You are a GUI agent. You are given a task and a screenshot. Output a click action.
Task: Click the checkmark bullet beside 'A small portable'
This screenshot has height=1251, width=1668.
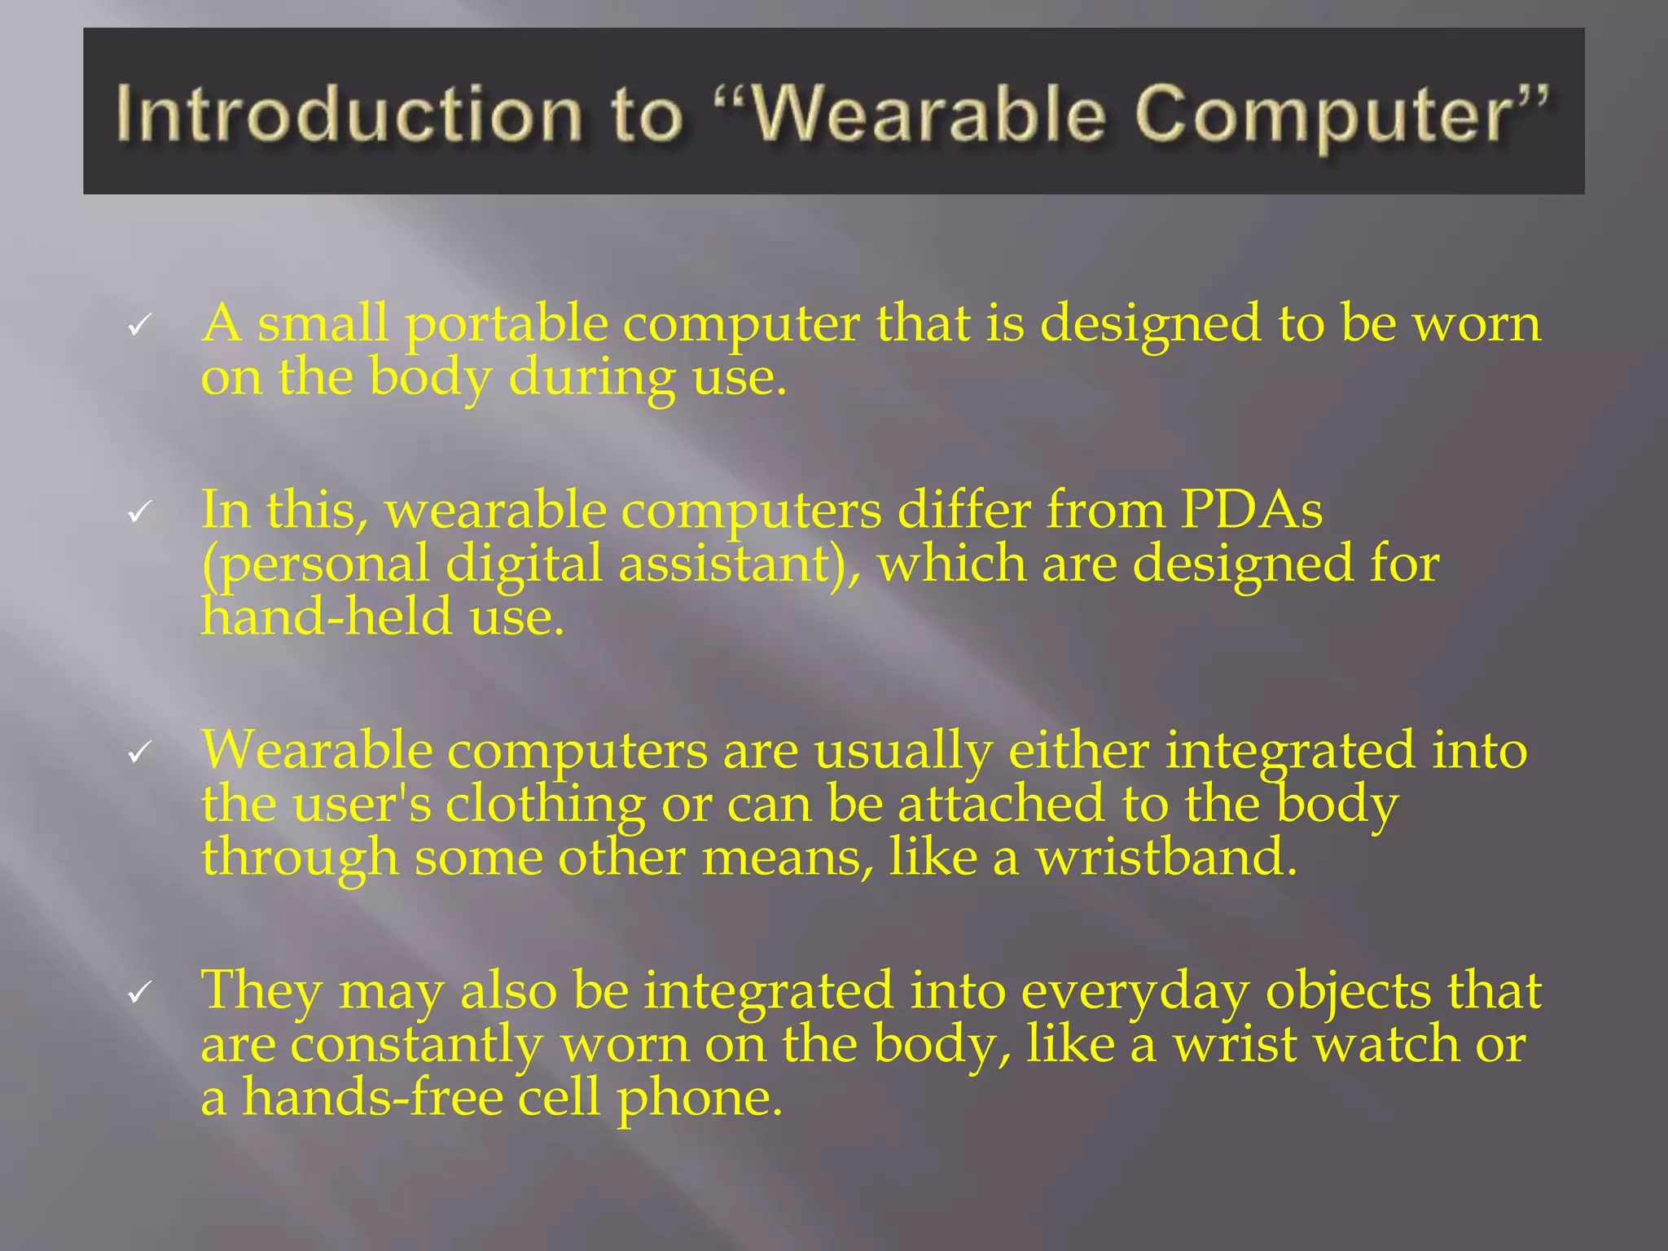[139, 327]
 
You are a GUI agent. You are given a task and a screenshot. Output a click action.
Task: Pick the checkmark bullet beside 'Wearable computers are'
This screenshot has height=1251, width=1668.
[139, 753]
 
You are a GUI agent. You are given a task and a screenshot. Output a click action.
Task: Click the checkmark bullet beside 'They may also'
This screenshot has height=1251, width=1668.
[139, 993]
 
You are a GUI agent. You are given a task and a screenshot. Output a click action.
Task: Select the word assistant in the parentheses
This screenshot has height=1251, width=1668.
[723, 564]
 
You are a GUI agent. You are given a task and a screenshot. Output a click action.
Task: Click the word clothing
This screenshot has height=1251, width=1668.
[545, 804]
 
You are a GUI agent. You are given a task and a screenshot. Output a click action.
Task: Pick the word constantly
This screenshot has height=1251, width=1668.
[415, 1045]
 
